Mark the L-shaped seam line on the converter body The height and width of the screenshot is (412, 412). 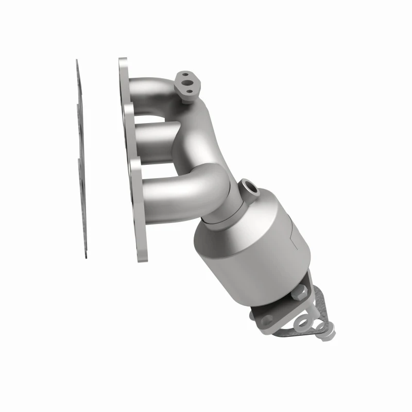point(291,232)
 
